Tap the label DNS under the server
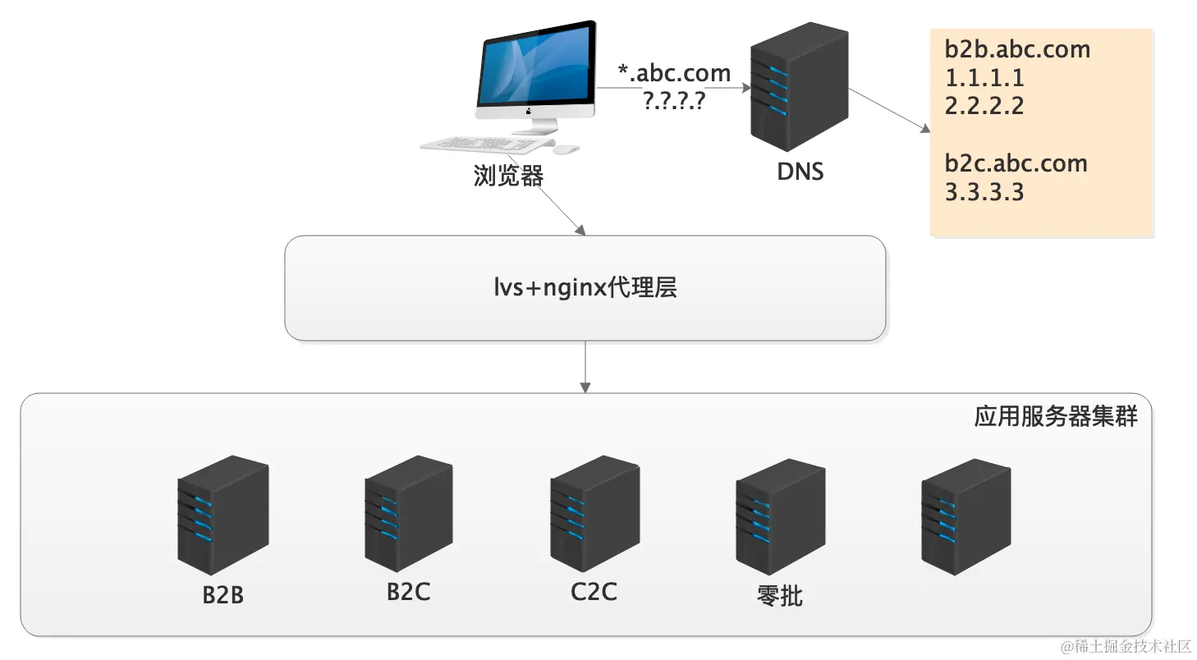click(800, 172)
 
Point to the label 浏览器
click(508, 176)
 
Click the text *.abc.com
click(674, 73)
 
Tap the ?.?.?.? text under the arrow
click(675, 100)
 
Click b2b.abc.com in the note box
click(1016, 49)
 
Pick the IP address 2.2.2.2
click(984, 106)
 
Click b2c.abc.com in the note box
click(1016, 163)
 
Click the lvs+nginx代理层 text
click(585, 287)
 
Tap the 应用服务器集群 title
click(1056, 416)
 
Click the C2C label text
click(594, 591)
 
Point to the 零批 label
click(779, 595)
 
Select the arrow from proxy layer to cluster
click(585, 366)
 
